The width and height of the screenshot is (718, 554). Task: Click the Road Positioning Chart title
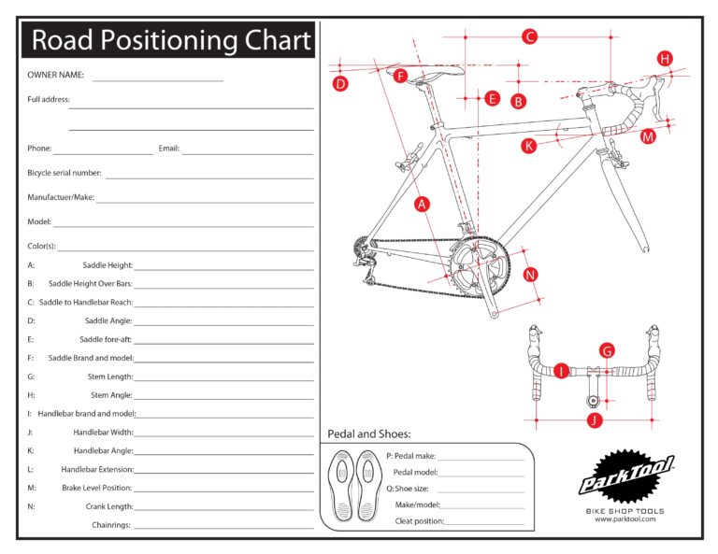click(170, 41)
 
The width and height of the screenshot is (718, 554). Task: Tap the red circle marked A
click(422, 204)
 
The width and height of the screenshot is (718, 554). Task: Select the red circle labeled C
click(529, 37)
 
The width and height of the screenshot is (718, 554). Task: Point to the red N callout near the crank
click(530, 275)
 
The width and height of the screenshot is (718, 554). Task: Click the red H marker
click(665, 59)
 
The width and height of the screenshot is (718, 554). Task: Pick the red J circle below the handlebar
click(594, 420)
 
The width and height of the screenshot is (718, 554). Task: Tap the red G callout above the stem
click(607, 351)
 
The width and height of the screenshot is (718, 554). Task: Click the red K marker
click(528, 146)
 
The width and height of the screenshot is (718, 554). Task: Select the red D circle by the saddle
click(340, 83)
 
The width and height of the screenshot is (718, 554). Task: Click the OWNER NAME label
click(55, 75)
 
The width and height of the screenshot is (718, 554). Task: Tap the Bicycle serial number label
click(65, 173)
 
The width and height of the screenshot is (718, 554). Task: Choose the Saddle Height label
click(107, 265)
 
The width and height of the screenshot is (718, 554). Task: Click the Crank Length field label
click(107, 506)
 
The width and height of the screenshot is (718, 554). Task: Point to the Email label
click(168, 149)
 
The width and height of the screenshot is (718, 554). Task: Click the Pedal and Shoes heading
click(368, 434)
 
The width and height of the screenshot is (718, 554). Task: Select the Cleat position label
click(418, 521)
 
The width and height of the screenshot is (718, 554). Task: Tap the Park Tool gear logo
click(625, 478)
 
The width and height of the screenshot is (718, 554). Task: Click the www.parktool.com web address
click(625, 519)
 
